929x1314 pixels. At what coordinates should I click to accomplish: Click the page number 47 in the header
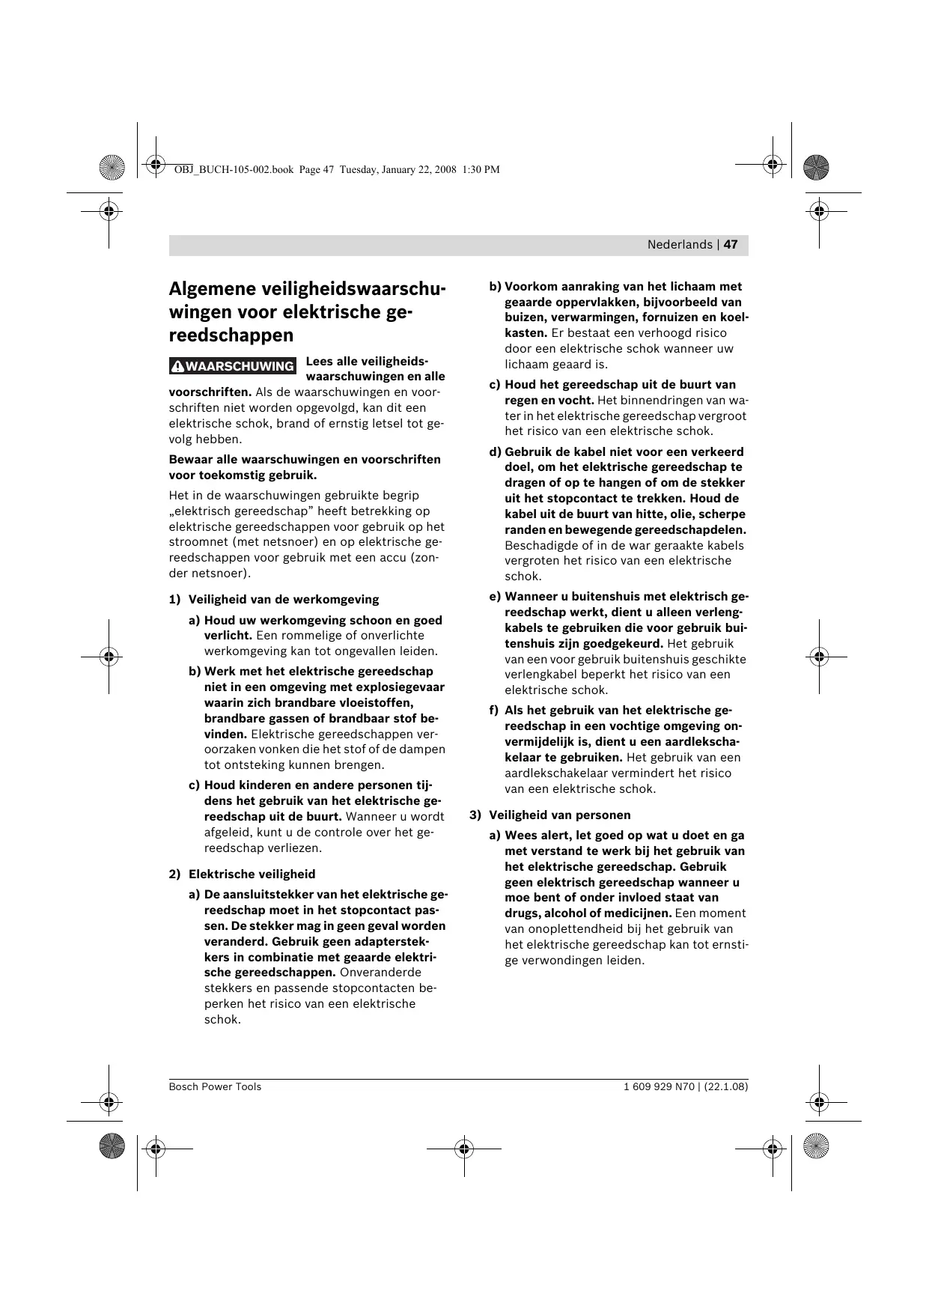[731, 245]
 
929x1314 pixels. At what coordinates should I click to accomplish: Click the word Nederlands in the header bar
[680, 245]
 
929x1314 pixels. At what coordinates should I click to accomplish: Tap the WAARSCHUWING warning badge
[233, 366]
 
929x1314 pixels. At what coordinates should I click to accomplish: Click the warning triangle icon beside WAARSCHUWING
[178, 367]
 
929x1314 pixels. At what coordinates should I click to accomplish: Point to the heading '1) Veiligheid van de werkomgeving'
[274, 600]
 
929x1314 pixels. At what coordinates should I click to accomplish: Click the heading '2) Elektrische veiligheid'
[243, 875]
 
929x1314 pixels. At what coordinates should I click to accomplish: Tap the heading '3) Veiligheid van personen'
[550, 815]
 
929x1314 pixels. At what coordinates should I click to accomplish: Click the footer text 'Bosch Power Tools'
[215, 1086]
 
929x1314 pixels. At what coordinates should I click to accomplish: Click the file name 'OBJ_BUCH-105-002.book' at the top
[234, 170]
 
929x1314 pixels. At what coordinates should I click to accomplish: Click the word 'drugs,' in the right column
[523, 913]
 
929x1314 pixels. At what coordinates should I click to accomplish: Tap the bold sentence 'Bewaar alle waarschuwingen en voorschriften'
[305, 460]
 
